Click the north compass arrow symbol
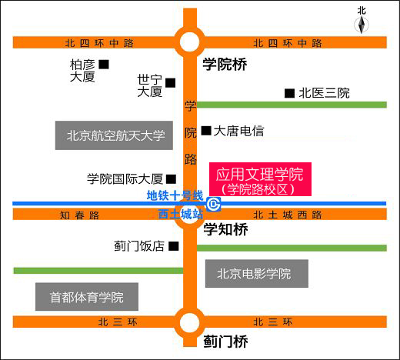(362, 25)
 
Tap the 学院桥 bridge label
(225, 64)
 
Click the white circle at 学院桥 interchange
(189, 42)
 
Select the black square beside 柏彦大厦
(104, 65)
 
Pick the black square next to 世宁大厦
(171, 83)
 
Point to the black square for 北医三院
(289, 93)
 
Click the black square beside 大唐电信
(206, 131)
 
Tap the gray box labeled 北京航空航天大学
(114, 135)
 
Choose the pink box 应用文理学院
(260, 179)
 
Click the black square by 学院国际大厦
(171, 179)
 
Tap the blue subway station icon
(213, 205)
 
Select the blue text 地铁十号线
(175, 195)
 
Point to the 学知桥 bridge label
(225, 229)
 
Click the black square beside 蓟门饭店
(174, 246)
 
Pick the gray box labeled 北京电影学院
(257, 274)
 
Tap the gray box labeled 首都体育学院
(87, 297)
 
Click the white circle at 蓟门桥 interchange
(189, 323)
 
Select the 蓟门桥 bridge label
(225, 342)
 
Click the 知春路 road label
(79, 215)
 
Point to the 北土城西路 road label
(288, 215)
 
